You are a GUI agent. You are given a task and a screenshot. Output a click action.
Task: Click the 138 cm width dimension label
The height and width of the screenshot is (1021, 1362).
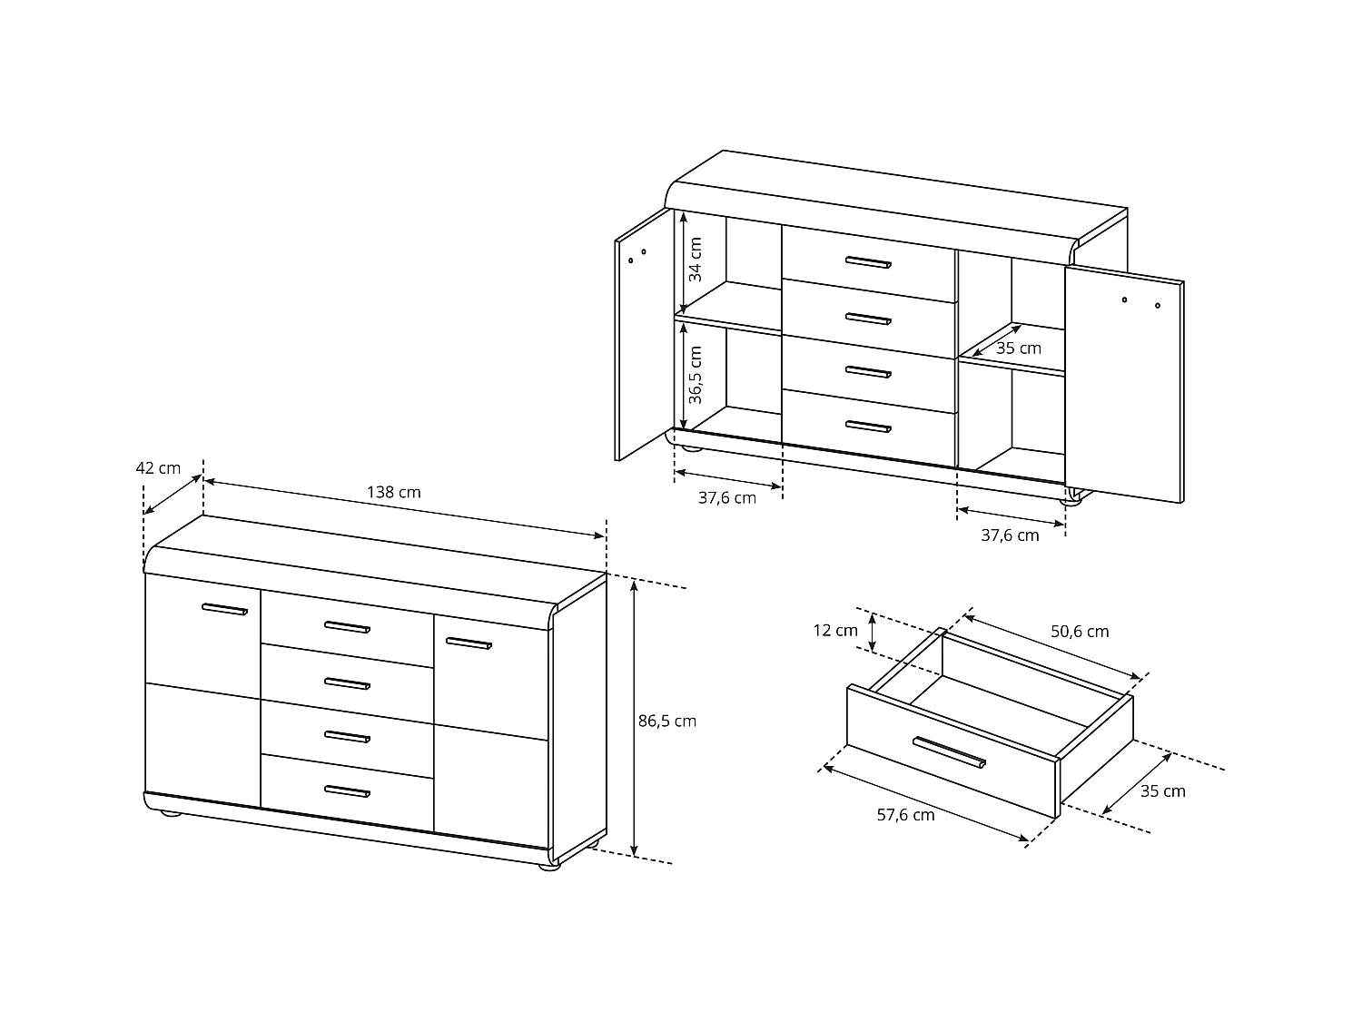393,492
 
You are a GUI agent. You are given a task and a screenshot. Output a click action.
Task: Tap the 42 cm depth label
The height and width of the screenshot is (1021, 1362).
158,468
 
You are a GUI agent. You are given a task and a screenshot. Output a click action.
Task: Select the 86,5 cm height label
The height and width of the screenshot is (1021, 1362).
666,721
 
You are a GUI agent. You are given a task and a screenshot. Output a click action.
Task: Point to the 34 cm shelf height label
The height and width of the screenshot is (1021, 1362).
696,260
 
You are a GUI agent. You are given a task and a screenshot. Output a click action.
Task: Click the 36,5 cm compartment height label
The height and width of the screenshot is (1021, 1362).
696,374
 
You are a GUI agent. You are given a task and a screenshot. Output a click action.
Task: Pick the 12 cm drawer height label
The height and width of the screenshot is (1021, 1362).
834,630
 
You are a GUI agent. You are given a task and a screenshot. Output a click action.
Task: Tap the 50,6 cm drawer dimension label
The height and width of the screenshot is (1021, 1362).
1080,631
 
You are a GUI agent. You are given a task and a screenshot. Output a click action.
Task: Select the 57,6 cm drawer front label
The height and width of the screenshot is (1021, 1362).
905,814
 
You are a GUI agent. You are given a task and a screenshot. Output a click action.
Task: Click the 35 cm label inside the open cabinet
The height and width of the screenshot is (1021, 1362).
1018,349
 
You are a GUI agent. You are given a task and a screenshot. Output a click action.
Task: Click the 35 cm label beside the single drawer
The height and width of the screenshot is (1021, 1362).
1162,790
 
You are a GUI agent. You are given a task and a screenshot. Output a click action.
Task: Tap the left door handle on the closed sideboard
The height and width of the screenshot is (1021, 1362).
224,609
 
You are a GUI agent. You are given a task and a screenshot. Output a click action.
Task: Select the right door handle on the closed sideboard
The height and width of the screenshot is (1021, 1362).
468,643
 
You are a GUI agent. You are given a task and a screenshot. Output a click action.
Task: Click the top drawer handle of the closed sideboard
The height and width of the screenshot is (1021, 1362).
347,627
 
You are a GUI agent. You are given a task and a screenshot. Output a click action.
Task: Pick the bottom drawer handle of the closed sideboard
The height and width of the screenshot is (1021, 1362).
347,791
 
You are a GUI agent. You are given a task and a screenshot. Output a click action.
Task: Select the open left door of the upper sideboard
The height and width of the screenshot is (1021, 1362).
642,336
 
